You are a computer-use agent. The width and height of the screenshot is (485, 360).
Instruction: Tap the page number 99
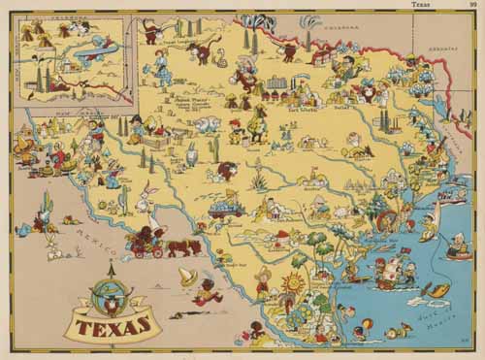click(x=474, y=5)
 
